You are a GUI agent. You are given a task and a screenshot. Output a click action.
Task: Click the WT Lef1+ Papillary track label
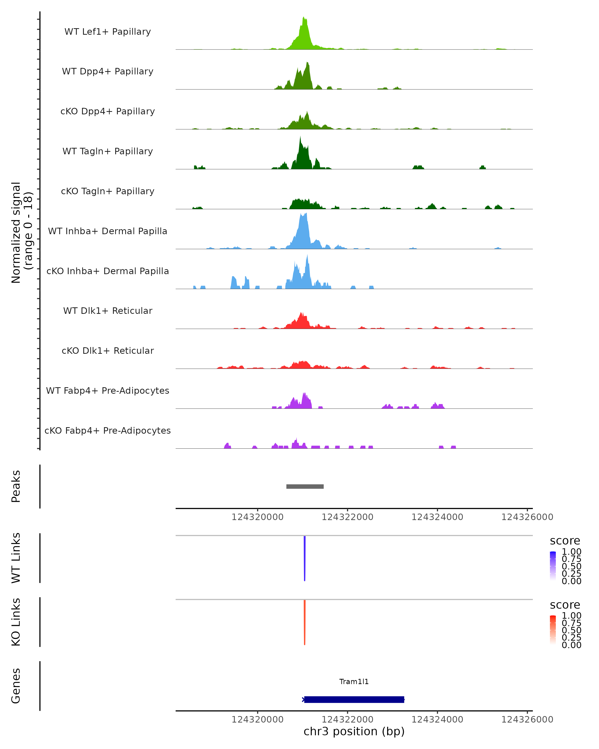point(108,32)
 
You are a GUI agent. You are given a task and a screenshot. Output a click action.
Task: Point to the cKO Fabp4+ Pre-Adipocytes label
point(108,430)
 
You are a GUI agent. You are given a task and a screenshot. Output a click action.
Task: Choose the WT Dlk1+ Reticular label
point(108,311)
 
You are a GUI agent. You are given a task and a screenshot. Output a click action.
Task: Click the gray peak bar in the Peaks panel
point(305,486)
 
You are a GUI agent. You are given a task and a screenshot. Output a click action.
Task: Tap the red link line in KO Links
point(304,622)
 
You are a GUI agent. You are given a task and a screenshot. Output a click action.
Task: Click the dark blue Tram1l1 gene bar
point(354,699)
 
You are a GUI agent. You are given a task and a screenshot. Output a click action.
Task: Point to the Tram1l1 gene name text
point(354,682)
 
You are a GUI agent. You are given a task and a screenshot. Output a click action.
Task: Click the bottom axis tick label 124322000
point(347,720)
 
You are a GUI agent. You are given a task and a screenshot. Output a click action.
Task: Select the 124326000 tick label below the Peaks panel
point(527,517)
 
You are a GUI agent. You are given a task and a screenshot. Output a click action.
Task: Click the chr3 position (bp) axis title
point(354,731)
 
